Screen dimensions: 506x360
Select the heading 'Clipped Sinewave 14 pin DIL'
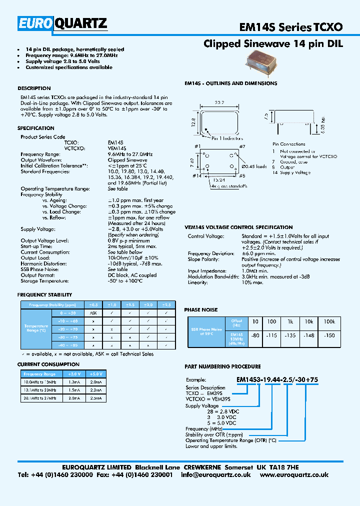[273, 44]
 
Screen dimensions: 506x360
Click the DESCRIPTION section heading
[34, 88]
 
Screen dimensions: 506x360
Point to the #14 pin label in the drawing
[196, 175]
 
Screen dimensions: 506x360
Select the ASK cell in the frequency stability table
[93, 312]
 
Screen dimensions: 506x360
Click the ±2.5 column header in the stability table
[166, 304]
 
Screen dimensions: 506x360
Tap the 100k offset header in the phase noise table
[329, 321]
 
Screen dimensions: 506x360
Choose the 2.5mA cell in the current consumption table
[96, 398]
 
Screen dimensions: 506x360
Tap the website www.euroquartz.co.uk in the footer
[294, 475]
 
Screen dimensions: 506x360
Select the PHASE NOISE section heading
[201, 310]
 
